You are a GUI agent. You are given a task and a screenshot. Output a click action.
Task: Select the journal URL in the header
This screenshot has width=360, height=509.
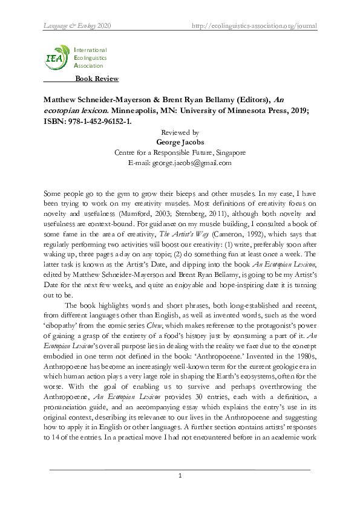pos(254,26)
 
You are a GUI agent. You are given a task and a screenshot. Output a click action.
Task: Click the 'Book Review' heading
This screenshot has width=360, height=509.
pos(97,79)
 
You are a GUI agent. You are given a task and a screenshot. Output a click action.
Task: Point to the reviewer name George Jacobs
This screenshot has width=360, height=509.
pos(180,142)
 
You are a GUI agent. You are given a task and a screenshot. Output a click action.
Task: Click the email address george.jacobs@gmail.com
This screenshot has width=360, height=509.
pos(180,163)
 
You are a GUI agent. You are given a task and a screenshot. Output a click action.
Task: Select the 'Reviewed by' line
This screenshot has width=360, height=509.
pos(180,132)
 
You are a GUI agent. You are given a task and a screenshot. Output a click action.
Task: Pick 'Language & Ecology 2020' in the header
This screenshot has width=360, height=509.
pos(77,26)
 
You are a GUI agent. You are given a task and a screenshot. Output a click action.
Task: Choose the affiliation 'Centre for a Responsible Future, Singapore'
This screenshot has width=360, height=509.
pos(180,152)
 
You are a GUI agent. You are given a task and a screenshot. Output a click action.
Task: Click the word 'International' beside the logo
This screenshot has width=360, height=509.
pos(90,50)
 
